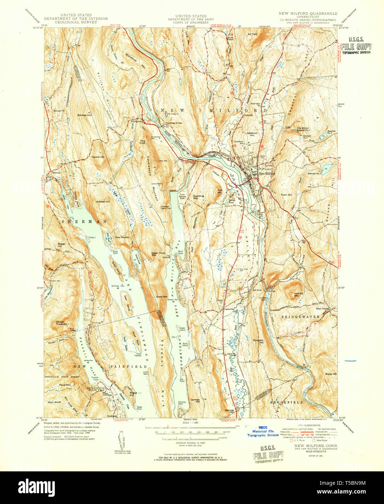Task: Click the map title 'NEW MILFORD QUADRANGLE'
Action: [308, 13]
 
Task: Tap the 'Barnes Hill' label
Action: [83, 115]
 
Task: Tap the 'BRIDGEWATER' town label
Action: [301, 317]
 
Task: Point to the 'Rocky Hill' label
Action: [331, 374]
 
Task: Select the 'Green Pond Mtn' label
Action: [158, 254]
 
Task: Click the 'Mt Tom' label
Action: [252, 34]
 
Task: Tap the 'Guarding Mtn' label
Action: [198, 197]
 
